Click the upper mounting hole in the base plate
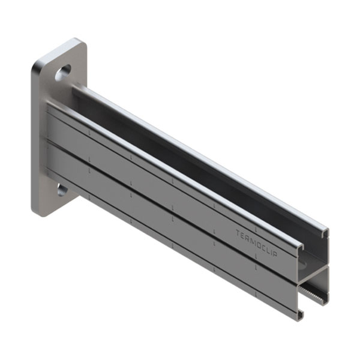pos(62,73)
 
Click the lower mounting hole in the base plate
pos(62,190)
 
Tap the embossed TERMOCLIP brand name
pos(257,244)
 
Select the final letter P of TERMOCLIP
pos(276,254)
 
